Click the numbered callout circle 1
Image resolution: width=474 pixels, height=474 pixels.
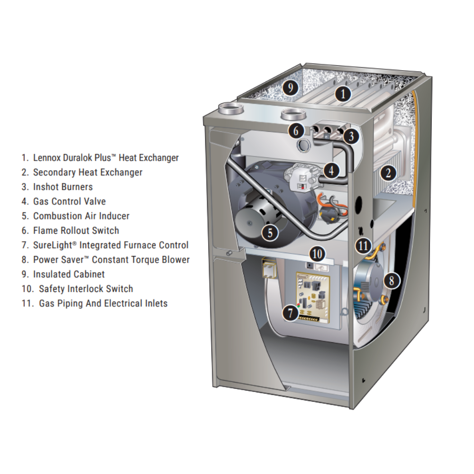coord(343,94)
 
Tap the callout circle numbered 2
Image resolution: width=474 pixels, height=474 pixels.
coord(388,173)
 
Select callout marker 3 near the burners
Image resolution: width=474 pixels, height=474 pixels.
coord(350,137)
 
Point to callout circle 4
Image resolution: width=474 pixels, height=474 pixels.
coord(332,169)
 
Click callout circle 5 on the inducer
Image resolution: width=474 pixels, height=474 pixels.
coord(270,232)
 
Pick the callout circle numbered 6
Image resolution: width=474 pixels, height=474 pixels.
coord(296,130)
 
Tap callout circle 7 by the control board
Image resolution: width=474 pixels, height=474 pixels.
coord(290,312)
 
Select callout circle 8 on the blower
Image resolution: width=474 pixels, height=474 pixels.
coord(391,281)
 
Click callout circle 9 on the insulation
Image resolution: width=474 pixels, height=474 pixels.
coord(290,87)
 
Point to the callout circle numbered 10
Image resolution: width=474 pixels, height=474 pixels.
coord(317,254)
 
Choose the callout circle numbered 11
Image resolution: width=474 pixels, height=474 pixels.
coord(363,246)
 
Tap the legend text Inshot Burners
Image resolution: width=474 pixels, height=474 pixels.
coord(63,187)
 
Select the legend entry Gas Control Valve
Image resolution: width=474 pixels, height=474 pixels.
coord(69,201)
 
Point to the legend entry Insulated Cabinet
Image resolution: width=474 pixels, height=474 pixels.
coord(69,274)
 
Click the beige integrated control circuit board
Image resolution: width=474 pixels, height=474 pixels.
coord(312,297)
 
